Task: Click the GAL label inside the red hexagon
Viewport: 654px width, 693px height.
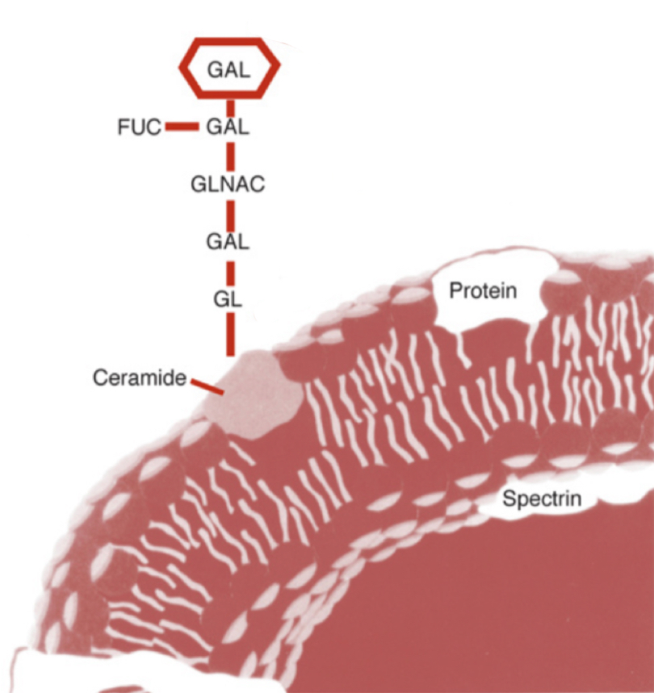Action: (x=229, y=69)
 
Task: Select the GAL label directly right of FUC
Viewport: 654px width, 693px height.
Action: (x=228, y=127)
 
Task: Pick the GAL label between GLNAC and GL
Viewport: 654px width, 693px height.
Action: (x=228, y=241)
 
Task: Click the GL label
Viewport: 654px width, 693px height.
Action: (x=228, y=298)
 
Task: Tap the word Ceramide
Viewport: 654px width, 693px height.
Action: (x=140, y=377)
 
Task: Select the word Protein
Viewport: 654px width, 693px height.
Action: (x=483, y=290)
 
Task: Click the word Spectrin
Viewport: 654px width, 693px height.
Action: (x=542, y=499)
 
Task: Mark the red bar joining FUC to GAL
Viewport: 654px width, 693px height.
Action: (x=182, y=127)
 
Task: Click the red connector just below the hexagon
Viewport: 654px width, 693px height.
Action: (x=230, y=106)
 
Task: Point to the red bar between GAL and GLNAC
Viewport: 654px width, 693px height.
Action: (x=230, y=155)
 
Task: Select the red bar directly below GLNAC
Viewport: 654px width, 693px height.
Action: (x=230, y=214)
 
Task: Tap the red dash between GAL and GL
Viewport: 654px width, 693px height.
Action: (x=230, y=270)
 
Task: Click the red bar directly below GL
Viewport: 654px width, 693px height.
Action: (x=230, y=332)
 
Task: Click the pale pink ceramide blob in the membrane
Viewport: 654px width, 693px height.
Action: (x=252, y=395)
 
